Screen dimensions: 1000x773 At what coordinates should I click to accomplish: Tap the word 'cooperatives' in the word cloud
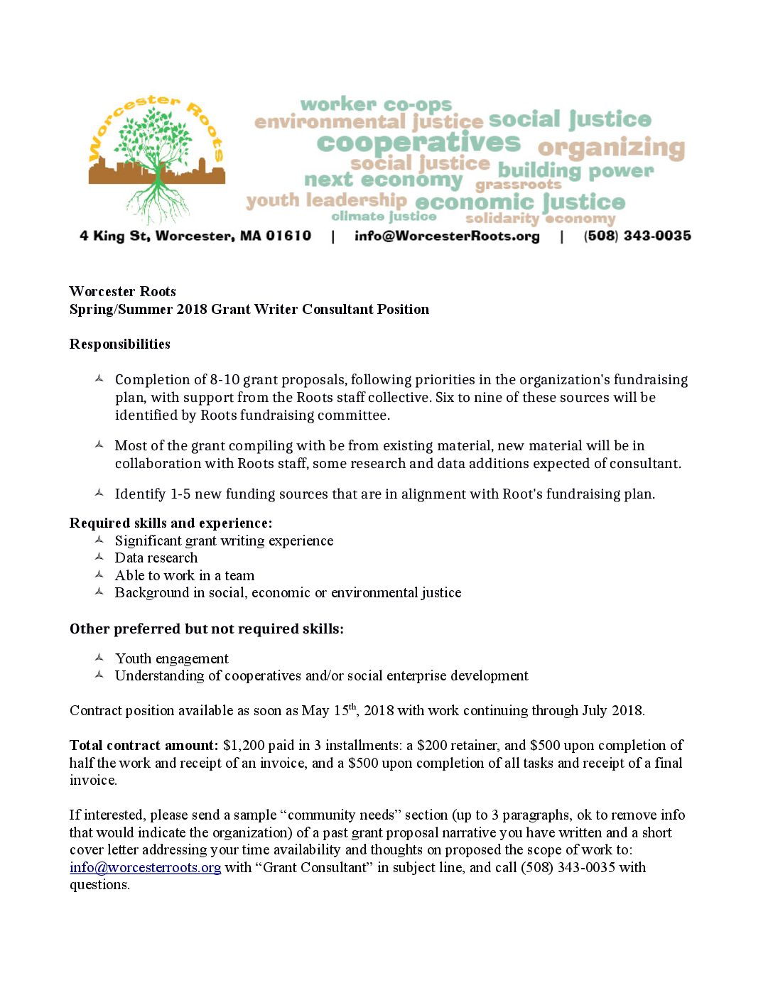pyautogui.click(x=418, y=143)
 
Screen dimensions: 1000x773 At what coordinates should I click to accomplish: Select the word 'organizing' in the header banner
pyautogui.click(x=611, y=148)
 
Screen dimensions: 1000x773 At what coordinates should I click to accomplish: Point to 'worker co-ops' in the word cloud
pyautogui.click(x=376, y=104)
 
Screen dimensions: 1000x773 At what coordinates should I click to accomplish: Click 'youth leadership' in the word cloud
pyautogui.click(x=326, y=200)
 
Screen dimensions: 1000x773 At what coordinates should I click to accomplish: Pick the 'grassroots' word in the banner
pyautogui.click(x=518, y=185)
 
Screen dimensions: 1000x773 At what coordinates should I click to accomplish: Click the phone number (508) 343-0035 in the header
pyautogui.click(x=637, y=236)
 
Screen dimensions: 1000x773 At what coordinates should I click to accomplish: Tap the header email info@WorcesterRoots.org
pyautogui.click(x=447, y=236)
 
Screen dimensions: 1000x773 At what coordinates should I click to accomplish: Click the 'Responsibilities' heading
pyautogui.click(x=120, y=344)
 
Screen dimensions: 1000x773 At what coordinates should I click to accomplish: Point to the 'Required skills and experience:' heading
pyautogui.click(x=171, y=523)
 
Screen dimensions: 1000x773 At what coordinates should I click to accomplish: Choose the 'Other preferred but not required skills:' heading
pyautogui.click(x=206, y=629)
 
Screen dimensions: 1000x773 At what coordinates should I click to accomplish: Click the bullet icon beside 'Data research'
pyautogui.click(x=99, y=558)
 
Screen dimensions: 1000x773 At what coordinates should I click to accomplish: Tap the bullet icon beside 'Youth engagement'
pyautogui.click(x=99, y=658)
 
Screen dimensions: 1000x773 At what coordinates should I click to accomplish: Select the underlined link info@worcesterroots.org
pyautogui.click(x=145, y=867)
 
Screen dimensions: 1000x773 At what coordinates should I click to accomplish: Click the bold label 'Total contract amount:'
pyautogui.click(x=144, y=745)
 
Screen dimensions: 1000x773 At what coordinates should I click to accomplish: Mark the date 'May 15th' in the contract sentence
pyautogui.click(x=329, y=710)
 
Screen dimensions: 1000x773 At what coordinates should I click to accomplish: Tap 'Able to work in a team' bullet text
pyautogui.click(x=185, y=575)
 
